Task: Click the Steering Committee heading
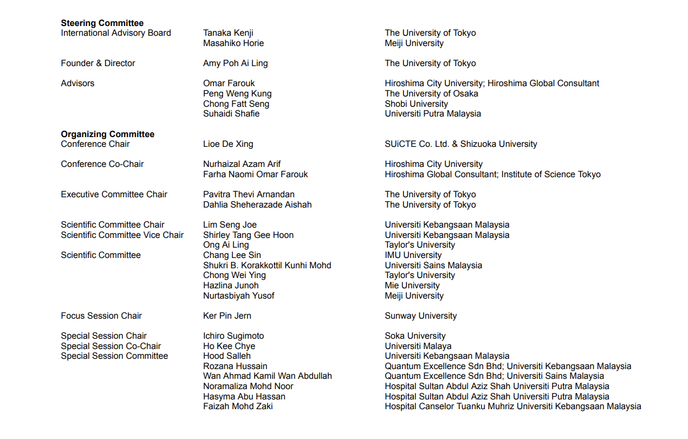[102, 23]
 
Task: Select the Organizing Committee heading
[107, 134]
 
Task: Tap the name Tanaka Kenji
[228, 33]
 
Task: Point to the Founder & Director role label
[98, 63]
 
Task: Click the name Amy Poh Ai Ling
[235, 63]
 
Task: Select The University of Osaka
[431, 94]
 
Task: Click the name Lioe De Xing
[228, 144]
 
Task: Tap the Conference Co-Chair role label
[102, 164]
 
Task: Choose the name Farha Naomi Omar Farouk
[255, 175]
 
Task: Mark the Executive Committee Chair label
[114, 195]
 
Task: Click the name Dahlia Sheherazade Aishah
[257, 205]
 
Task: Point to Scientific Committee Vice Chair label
[122, 235]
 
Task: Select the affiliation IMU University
[413, 255]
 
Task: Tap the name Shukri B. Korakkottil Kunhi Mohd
[267, 266]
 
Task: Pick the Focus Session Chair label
[101, 316]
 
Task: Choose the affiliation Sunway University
[420, 316]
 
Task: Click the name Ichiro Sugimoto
[233, 336]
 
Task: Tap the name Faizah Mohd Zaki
[238, 406]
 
